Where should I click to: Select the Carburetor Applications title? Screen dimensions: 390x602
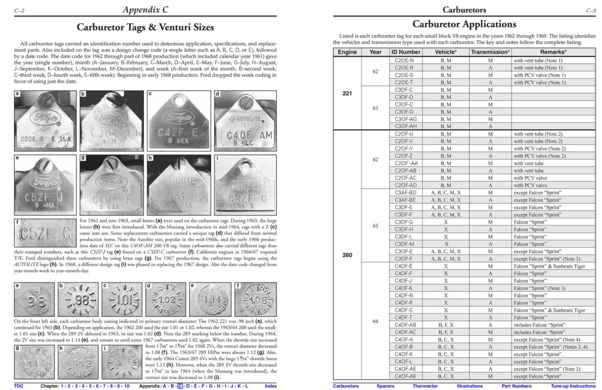click(x=464, y=24)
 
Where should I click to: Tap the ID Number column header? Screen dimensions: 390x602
click(x=406, y=52)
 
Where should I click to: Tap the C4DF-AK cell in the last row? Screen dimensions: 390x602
click(x=406, y=376)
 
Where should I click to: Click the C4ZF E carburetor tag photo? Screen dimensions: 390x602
click(x=176, y=120)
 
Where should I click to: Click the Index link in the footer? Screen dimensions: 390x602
click(x=271, y=386)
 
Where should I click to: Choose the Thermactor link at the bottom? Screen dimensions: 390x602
click(x=425, y=386)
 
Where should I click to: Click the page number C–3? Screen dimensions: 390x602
click(x=591, y=10)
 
